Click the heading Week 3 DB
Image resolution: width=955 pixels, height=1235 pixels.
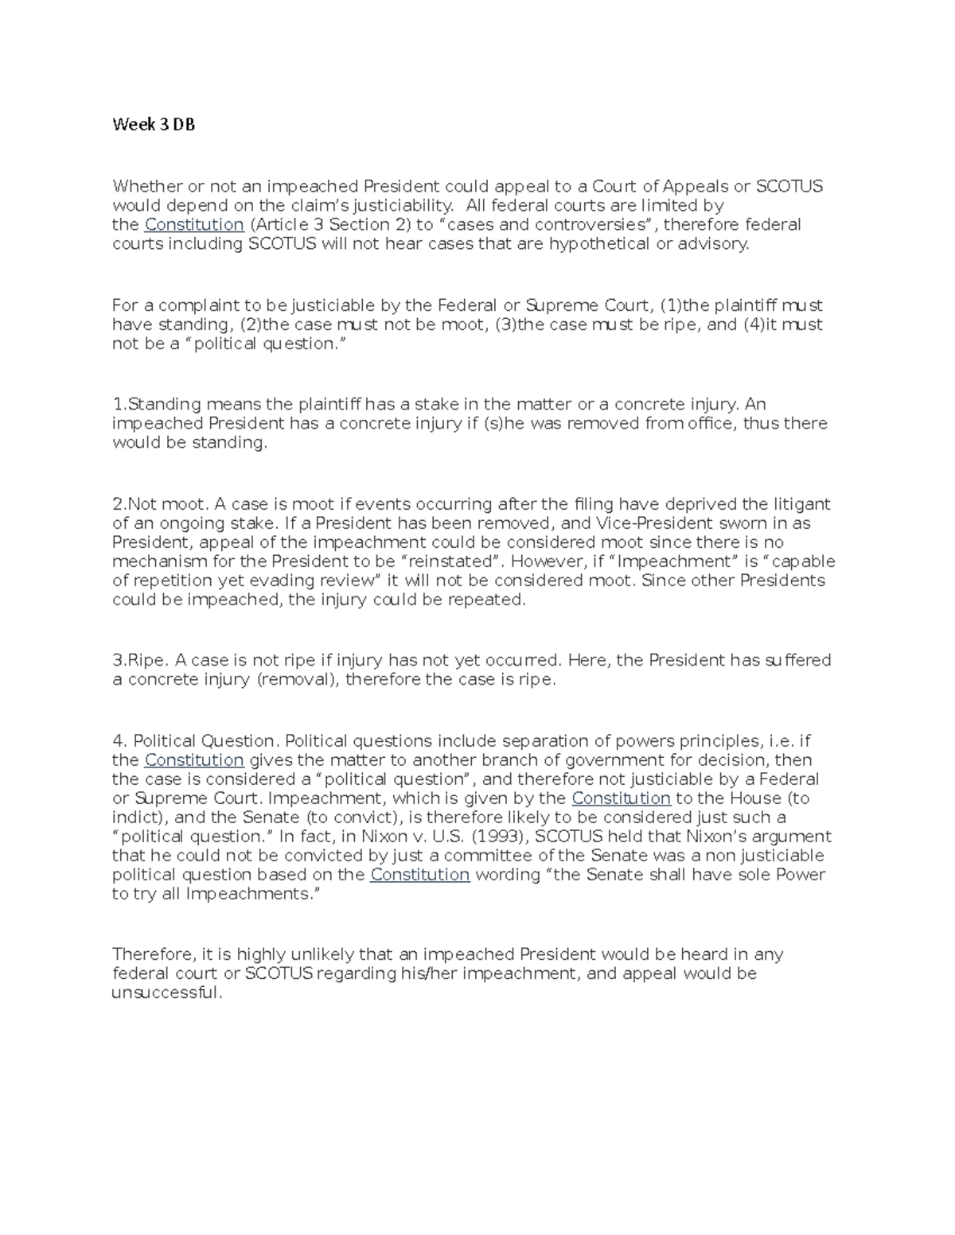pyautogui.click(x=154, y=124)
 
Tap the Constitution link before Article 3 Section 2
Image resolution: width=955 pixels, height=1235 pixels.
pyautogui.click(x=194, y=224)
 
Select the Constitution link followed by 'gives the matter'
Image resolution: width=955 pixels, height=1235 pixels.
pyautogui.click(x=194, y=760)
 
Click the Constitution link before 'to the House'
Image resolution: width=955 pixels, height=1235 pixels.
pyautogui.click(x=621, y=798)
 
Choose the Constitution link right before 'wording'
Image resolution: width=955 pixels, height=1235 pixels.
pyautogui.click(x=420, y=875)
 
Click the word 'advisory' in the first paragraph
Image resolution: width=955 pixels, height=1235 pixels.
pyautogui.click(x=713, y=243)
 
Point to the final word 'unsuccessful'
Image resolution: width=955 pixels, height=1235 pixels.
pyautogui.click(x=165, y=992)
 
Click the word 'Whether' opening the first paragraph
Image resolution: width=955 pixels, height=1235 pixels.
pyautogui.click(x=147, y=186)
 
